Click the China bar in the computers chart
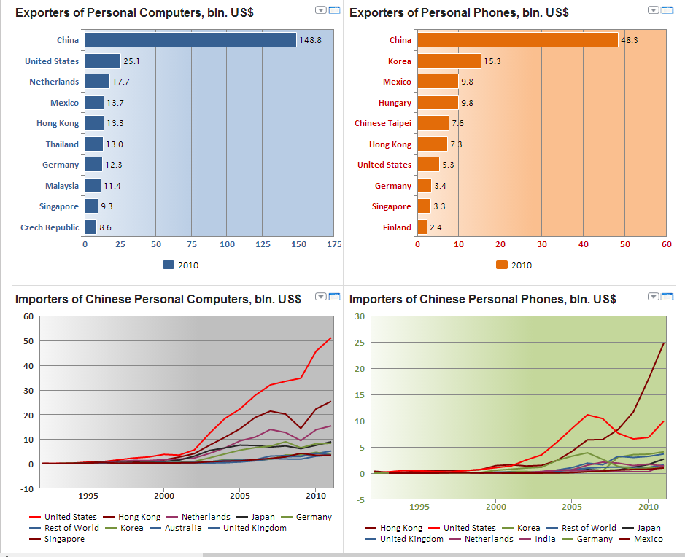pyautogui.click(x=190, y=40)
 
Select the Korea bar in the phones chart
pyautogui.click(x=449, y=61)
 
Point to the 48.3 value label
pyautogui.click(x=630, y=40)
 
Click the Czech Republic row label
pyautogui.click(x=50, y=227)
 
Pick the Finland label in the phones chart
pyautogui.click(x=397, y=227)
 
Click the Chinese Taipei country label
pyautogui.click(x=383, y=123)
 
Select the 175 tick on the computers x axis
pyautogui.click(x=334, y=244)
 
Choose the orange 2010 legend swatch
pyautogui.click(x=502, y=265)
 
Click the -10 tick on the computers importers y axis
pyautogui.click(x=28, y=488)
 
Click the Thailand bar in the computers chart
pyautogui.click(x=94, y=144)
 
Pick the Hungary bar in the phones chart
pyautogui.click(x=438, y=103)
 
